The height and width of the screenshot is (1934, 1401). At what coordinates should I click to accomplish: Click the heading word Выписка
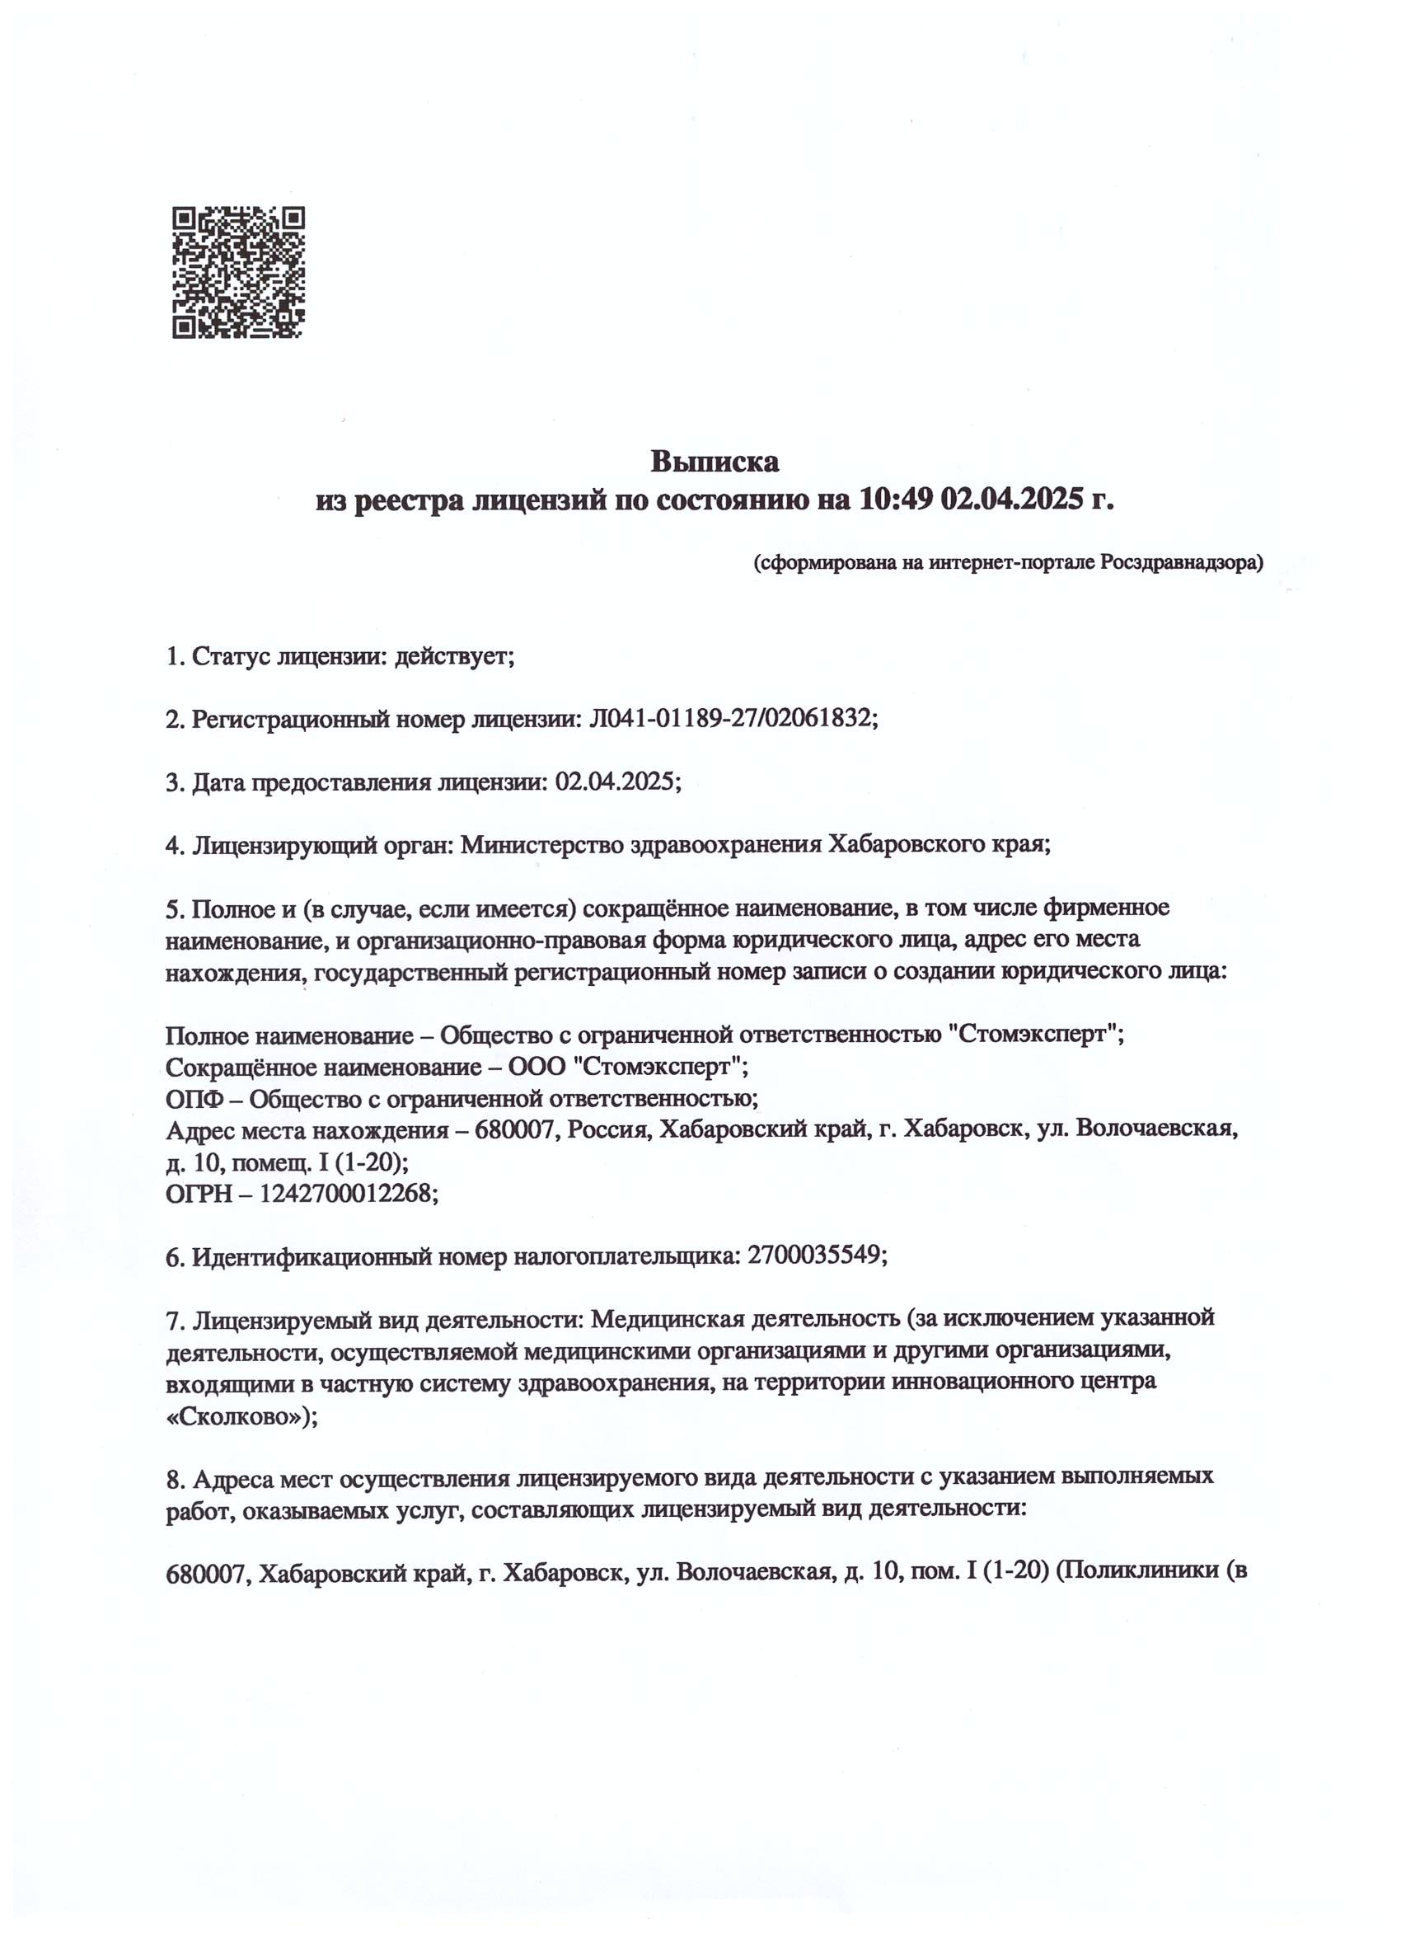click(x=715, y=462)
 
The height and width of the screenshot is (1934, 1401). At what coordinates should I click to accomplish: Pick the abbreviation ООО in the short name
click(x=542, y=1068)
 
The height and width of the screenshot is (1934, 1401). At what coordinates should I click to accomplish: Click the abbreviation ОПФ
click(x=195, y=1099)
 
